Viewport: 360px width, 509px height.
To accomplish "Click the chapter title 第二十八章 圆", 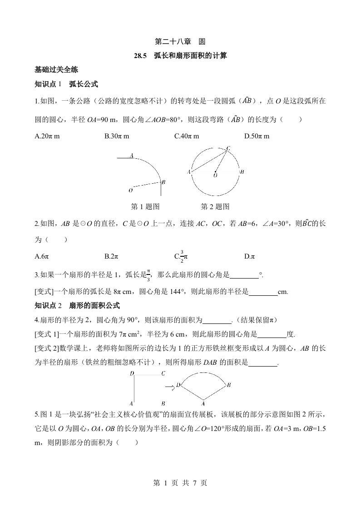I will tap(180, 42).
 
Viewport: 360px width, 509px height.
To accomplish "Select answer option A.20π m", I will tap(47, 136).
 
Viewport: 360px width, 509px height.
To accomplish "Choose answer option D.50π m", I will tap(256, 136).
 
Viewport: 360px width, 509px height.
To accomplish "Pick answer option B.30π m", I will tap(117, 136).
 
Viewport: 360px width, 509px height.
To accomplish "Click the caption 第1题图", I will tap(145, 206).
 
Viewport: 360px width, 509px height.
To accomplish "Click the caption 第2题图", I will tap(215, 206).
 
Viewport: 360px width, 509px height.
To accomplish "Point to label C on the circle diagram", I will tap(228, 148).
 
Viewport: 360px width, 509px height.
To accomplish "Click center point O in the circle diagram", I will tap(215, 175).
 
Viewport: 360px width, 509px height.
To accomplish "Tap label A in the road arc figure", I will tap(131, 156).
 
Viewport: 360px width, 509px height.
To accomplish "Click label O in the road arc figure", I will tap(131, 190).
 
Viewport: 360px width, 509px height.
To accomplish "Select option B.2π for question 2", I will tap(111, 256).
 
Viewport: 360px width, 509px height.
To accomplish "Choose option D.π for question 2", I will tap(249, 256).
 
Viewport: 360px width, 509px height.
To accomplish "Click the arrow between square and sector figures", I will tap(169, 387).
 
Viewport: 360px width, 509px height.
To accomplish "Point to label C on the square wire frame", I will tap(163, 373).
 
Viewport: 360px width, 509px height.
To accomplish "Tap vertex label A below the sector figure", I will tap(203, 403).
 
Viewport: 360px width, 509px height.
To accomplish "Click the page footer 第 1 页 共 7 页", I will tap(180, 483).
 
